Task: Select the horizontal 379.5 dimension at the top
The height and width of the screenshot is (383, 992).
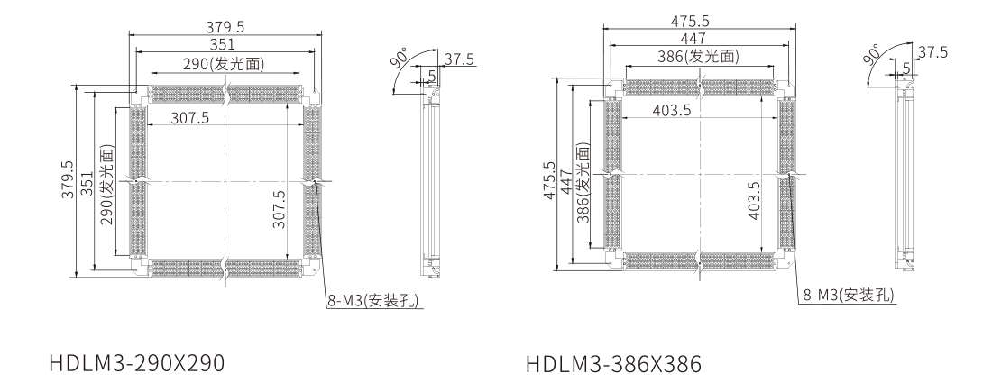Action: tap(225, 27)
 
